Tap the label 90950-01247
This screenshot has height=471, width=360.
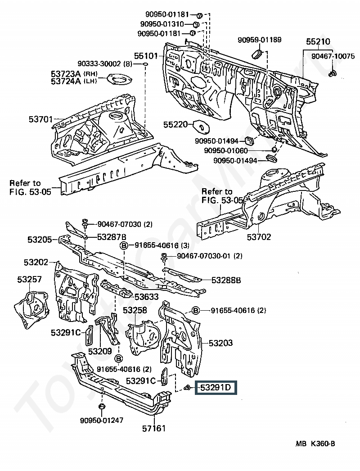click(x=102, y=420)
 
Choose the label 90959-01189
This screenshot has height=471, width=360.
click(x=260, y=40)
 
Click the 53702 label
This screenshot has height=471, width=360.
click(x=259, y=237)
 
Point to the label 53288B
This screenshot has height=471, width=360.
click(x=226, y=280)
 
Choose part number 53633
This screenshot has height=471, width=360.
click(x=146, y=297)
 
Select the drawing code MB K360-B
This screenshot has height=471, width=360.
click(x=315, y=444)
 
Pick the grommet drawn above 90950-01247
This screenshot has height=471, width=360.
click(x=102, y=408)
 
